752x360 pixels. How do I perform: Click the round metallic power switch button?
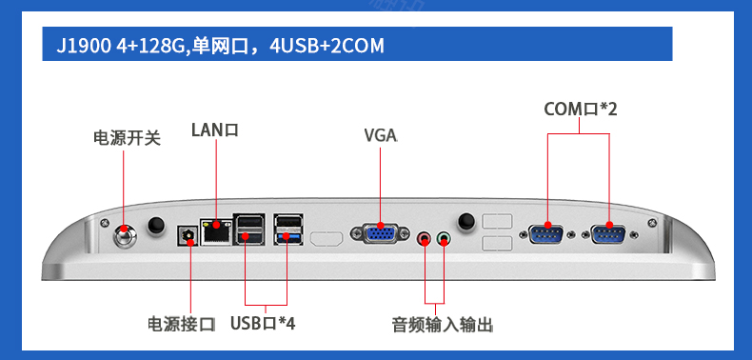pyautogui.click(x=125, y=235)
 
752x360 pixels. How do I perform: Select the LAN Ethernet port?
pyautogui.click(x=216, y=231)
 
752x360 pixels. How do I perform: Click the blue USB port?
pyautogui.click(x=288, y=236)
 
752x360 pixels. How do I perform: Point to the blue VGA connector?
pyautogui.click(x=380, y=232)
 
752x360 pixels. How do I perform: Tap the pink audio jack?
pyautogui.click(x=424, y=237)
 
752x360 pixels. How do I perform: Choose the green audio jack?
pyautogui.click(x=445, y=237)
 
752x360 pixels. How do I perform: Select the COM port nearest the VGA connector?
pyautogui.click(x=546, y=233)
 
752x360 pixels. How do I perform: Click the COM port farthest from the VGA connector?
pyautogui.click(x=609, y=233)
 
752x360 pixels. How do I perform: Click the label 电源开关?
pyautogui.click(x=128, y=139)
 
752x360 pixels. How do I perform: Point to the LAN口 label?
pyautogui.click(x=215, y=130)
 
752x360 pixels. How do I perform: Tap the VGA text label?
pyautogui.click(x=381, y=136)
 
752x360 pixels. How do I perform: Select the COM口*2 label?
pyautogui.click(x=581, y=109)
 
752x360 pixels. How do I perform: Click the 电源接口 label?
pyautogui.click(x=182, y=324)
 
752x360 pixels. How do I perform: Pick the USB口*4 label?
pyautogui.click(x=263, y=323)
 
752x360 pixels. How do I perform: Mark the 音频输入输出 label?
pyautogui.click(x=443, y=325)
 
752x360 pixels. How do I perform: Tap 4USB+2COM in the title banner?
pyautogui.click(x=327, y=46)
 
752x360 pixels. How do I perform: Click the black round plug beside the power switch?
pyautogui.click(x=155, y=225)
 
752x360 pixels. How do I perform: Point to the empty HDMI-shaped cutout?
pyautogui.click(x=327, y=238)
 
